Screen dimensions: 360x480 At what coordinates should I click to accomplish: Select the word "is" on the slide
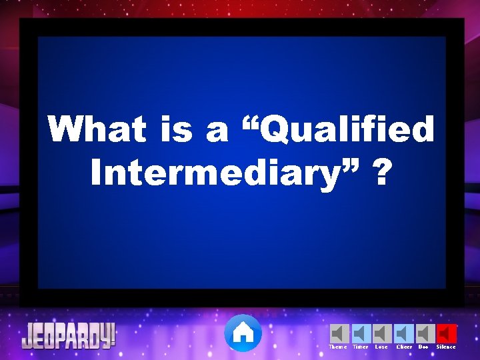tap(177, 129)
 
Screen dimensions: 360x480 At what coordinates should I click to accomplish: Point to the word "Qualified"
tap(349, 130)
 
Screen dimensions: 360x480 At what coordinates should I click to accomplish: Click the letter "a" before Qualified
tap(217, 130)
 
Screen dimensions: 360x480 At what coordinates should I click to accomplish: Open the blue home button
tap(243, 333)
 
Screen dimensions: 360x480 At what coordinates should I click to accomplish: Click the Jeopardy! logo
tap(69, 335)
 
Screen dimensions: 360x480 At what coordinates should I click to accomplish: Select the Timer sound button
tap(361, 333)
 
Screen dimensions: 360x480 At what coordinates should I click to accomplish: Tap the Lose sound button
tap(382, 333)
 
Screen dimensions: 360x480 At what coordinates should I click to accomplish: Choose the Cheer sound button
tap(404, 333)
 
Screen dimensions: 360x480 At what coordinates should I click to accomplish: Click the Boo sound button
tap(425, 333)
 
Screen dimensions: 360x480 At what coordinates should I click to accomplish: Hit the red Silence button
tap(447, 333)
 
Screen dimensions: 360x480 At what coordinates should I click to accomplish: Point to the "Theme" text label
tap(338, 347)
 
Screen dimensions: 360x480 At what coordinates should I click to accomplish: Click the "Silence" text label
tap(446, 347)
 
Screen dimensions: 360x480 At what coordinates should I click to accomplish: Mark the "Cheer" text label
tap(404, 347)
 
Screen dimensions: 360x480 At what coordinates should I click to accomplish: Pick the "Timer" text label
tap(360, 347)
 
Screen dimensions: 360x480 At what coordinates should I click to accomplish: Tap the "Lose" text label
tap(381, 347)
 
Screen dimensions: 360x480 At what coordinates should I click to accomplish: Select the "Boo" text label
tap(423, 347)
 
